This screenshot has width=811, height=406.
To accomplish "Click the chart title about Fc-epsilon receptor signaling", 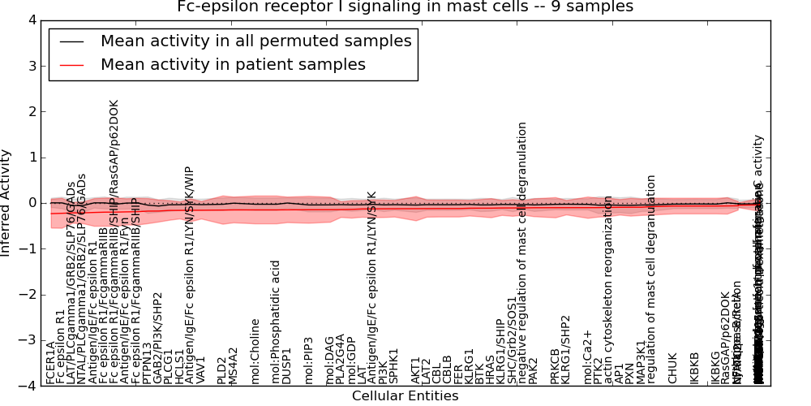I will point(405,7).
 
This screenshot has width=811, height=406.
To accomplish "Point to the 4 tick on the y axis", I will point(32,19).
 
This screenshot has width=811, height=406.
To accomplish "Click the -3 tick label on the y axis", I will point(28,340).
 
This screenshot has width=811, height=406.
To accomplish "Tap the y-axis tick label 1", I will point(32,157).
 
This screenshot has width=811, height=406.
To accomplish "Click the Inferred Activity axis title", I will point(7,203).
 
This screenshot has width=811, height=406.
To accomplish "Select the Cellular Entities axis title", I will point(405,396).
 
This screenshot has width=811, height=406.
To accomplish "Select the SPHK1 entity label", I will point(394,366).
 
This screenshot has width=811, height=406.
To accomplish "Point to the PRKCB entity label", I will point(556,365).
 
